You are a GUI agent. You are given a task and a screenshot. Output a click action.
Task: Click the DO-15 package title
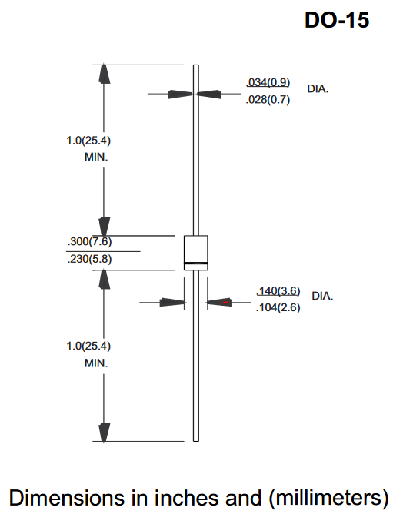pyautogui.click(x=337, y=20)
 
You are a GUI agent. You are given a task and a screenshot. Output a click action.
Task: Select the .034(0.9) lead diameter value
pyautogui.click(x=268, y=82)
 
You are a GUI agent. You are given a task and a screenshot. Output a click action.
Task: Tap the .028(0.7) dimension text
pyautogui.click(x=268, y=99)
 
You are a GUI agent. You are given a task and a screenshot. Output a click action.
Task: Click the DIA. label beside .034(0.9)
pyautogui.click(x=318, y=89)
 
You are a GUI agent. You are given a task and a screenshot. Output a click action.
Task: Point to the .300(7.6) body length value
pyautogui.click(x=89, y=241)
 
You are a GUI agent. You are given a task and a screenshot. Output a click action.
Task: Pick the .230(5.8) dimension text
pyautogui.click(x=89, y=259)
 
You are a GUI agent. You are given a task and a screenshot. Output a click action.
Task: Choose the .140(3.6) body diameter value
pyautogui.click(x=278, y=290)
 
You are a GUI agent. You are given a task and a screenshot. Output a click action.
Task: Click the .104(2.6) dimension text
pyautogui.click(x=278, y=307)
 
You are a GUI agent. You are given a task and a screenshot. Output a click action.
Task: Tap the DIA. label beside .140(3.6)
pyautogui.click(x=322, y=296)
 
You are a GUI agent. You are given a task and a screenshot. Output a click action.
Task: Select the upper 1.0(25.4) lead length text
pyautogui.click(x=88, y=141)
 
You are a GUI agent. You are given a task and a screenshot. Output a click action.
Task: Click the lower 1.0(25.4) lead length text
pyautogui.click(x=88, y=346)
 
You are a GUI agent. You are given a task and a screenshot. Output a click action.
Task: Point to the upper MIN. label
pyautogui.click(x=96, y=157)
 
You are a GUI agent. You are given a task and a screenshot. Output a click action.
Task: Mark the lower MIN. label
pyautogui.click(x=96, y=363)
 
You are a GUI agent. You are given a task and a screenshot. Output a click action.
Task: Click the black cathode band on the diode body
pyautogui.click(x=196, y=264)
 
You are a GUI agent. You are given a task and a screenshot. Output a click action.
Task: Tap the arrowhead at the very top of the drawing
pyautogui.click(x=104, y=74)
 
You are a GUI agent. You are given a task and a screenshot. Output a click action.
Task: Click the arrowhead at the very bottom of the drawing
pyautogui.click(x=104, y=433)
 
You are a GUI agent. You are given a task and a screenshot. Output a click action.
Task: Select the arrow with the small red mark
pyautogui.click(x=219, y=302)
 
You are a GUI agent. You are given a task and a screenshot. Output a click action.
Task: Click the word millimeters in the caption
pyautogui.click(x=328, y=498)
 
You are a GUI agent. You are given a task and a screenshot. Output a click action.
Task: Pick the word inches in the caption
pyautogui.click(x=187, y=498)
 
